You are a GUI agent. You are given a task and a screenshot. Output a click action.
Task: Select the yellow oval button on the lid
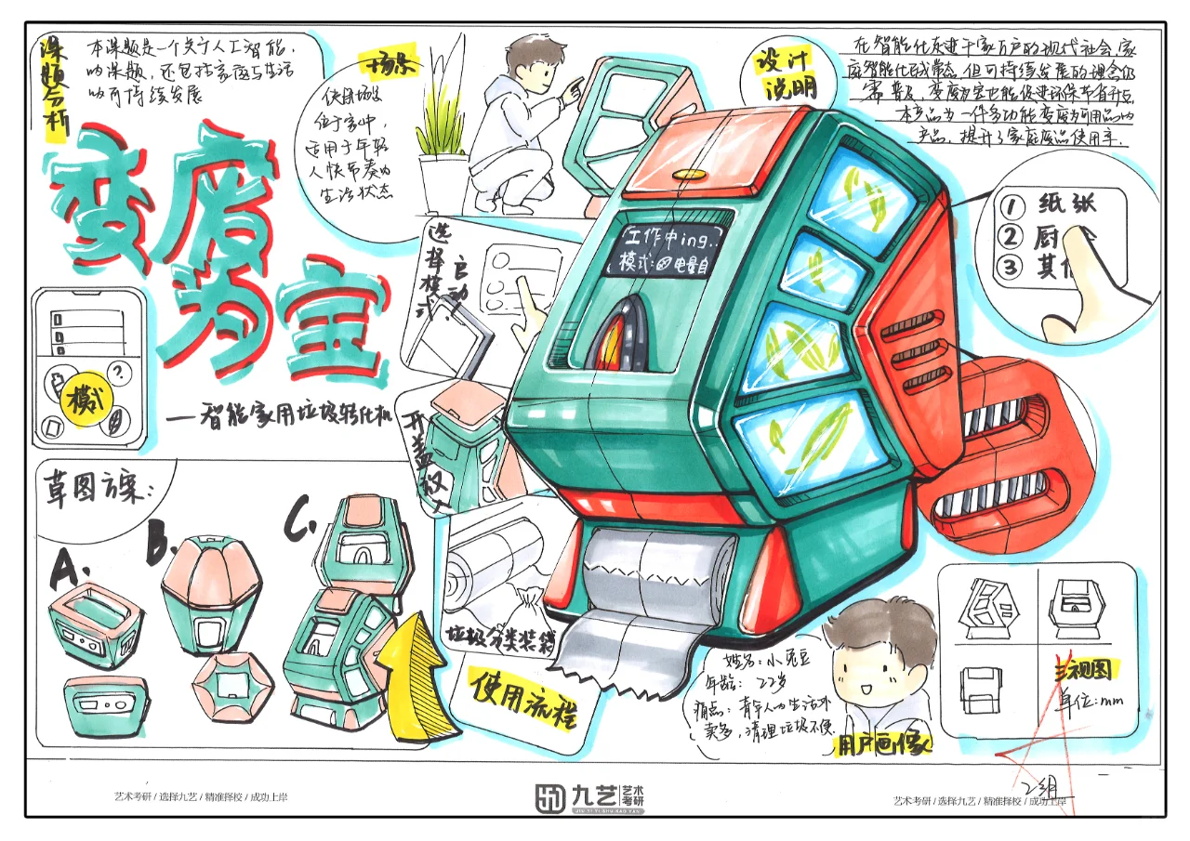click(689, 174)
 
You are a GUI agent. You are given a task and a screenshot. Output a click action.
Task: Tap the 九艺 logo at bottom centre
click(590, 796)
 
